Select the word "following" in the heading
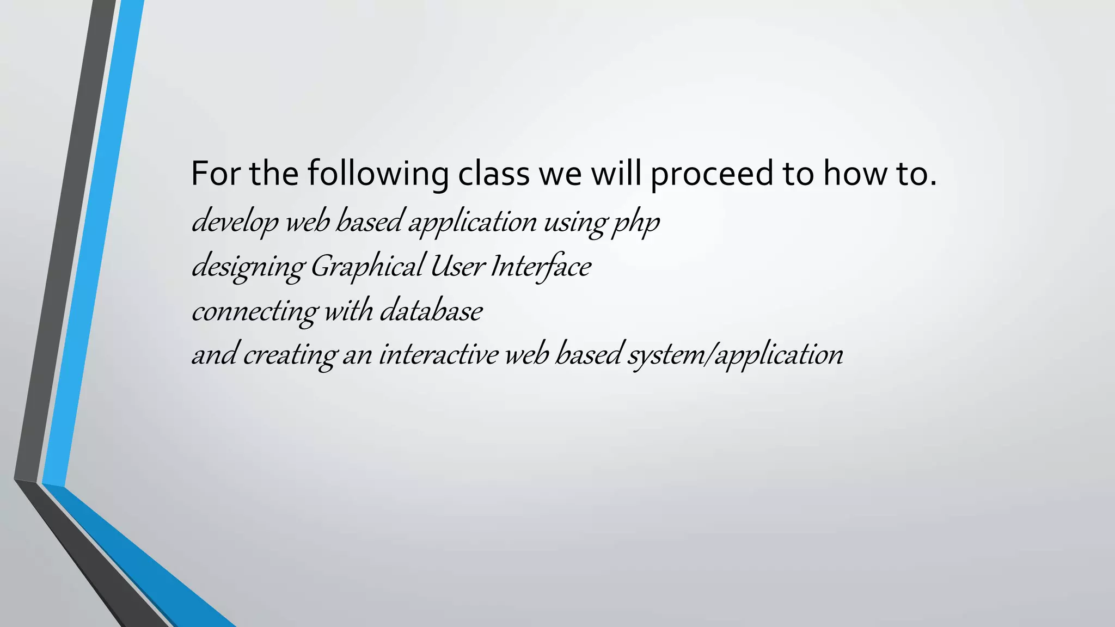tap(378, 174)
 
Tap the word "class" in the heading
tap(493, 174)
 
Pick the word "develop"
tap(235, 222)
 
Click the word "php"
tap(636, 222)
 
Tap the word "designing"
tap(248, 267)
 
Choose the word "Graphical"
tap(367, 267)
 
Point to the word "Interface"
tap(541, 267)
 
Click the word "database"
tap(431, 311)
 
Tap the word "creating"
tap(290, 355)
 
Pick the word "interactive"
tap(438, 355)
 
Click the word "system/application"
tap(736, 355)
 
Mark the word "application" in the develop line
tap(473, 222)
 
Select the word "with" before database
tap(348, 311)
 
